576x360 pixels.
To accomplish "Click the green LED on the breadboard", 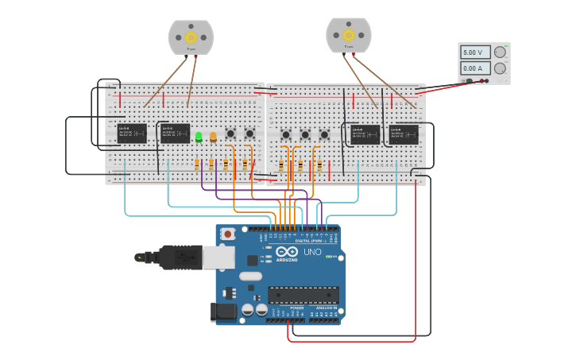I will coord(199,137).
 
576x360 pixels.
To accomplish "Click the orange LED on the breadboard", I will coord(213,137).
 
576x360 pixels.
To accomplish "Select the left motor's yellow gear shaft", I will coord(191,37).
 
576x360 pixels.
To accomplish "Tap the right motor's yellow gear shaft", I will coord(348,35).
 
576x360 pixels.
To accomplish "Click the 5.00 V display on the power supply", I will coord(473,52).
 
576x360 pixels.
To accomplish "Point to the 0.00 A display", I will coord(473,69).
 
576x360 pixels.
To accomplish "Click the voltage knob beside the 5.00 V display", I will coord(500,52).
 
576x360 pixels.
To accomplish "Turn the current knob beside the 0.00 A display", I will coord(500,69).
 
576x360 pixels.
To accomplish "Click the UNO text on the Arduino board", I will coord(312,252).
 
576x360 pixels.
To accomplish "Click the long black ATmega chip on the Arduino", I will coord(303,296).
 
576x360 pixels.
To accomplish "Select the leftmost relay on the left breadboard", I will coord(131,133).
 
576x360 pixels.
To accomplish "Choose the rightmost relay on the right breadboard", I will coord(404,134).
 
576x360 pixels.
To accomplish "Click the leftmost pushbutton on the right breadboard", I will coord(286,134).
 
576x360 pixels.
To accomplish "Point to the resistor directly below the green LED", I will coord(197,165).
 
